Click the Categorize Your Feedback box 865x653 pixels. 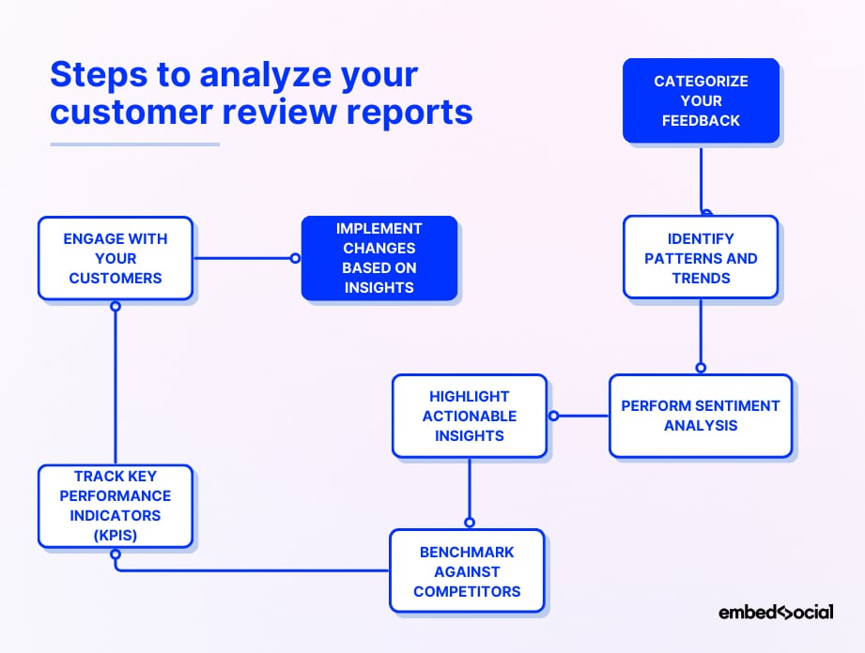click(701, 100)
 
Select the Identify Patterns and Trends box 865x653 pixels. click(701, 258)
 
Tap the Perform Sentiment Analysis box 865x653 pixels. click(701, 416)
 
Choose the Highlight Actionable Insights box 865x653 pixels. click(469, 416)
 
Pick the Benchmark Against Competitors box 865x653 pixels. click(467, 571)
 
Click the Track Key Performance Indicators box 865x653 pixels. click(116, 506)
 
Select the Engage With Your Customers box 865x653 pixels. click(116, 258)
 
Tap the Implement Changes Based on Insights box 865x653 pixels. click(378, 258)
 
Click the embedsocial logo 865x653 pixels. click(776, 613)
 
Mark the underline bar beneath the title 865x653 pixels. click(134, 144)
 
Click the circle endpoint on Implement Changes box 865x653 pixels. click(295, 258)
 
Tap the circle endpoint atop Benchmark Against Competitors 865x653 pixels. click(470, 523)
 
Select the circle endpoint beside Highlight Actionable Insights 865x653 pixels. click(553, 416)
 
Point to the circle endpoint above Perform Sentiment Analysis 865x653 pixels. click(701, 368)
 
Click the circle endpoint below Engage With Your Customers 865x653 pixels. click(116, 306)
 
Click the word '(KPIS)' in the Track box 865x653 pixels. click(116, 535)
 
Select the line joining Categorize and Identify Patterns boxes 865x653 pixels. click(701, 178)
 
